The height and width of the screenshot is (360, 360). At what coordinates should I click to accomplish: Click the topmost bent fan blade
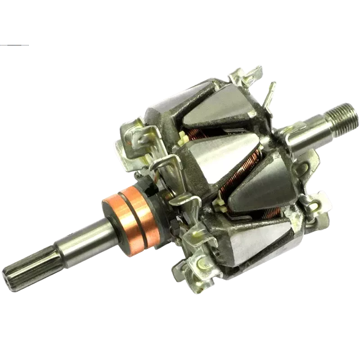pyautogui.click(x=245, y=74)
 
